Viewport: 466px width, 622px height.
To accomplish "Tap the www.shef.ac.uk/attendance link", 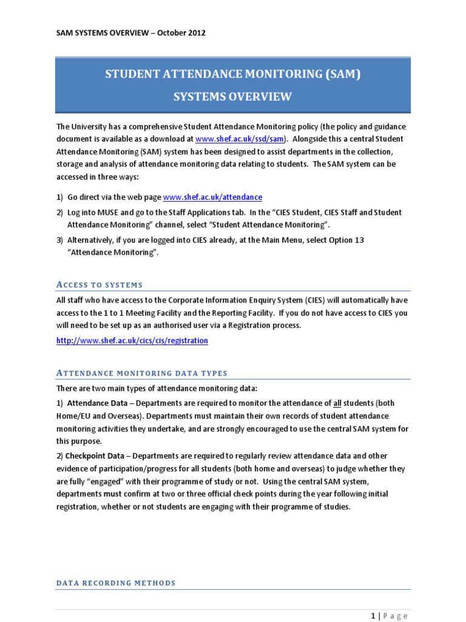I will [213, 197].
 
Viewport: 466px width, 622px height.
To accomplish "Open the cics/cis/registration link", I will [132, 341].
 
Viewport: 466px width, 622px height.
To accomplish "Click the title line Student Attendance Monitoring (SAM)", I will [233, 75].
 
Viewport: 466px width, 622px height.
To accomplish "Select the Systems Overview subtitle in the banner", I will [233, 97].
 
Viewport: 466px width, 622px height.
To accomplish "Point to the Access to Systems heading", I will [100, 284].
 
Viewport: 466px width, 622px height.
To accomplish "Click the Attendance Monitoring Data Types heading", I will [142, 373].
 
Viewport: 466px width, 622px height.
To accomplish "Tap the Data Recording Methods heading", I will [116, 583].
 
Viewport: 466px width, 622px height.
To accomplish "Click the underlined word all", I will [339, 403].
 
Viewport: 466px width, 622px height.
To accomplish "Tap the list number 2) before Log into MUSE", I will [59, 213].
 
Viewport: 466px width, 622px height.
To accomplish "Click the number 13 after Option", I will [358, 240].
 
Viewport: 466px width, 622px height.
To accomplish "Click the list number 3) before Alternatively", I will [59, 240].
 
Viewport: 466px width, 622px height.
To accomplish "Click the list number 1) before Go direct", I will [59, 197].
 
